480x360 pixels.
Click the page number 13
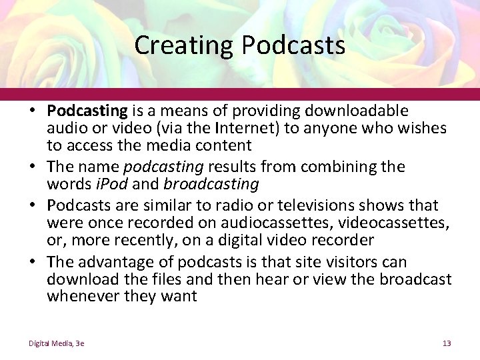pos(447,343)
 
